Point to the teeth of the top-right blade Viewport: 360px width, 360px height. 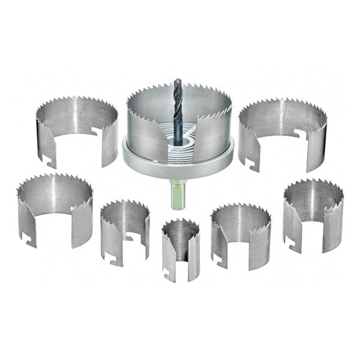coord(282,104)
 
